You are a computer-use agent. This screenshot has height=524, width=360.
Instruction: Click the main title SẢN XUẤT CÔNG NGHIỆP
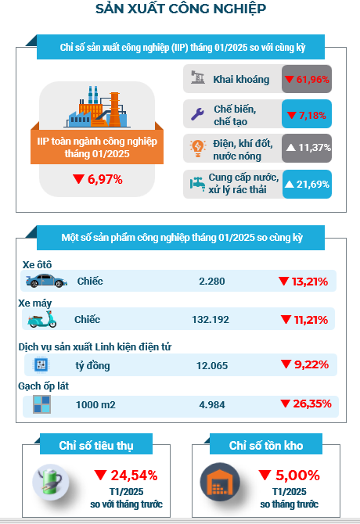tap(181, 9)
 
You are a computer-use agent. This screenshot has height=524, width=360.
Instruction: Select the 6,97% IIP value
tap(97, 179)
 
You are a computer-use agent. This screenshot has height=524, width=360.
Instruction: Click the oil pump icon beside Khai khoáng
tap(197, 77)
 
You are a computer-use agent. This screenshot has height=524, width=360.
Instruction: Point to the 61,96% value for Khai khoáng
tap(307, 80)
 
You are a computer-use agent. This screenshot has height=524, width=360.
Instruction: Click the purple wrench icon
tap(197, 114)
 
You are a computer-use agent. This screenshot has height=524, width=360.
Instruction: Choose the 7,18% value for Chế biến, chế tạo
tap(307, 115)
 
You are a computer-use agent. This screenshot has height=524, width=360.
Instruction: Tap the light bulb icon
tap(197, 149)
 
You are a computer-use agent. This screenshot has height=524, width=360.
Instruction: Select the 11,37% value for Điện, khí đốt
tap(308, 147)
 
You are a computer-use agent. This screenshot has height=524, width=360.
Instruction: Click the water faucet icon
tap(197, 184)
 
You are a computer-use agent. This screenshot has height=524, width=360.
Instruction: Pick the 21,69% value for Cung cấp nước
tap(307, 184)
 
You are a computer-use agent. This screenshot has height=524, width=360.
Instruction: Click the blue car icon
tap(46, 281)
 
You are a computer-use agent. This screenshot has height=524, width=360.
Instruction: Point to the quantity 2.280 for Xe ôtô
tap(212, 282)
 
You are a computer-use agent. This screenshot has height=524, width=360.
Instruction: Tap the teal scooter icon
tap(42, 319)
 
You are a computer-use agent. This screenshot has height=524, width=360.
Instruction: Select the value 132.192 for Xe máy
tap(211, 320)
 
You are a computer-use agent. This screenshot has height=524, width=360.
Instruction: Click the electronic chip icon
tap(41, 364)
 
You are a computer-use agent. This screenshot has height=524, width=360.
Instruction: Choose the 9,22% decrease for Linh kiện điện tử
tap(304, 364)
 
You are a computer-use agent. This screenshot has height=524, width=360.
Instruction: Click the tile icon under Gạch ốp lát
tap(41, 404)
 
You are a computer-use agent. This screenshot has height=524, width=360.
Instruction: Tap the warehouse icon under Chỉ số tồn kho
tap(220, 482)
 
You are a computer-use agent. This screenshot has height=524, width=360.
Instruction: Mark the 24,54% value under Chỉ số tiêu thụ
tap(126, 475)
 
